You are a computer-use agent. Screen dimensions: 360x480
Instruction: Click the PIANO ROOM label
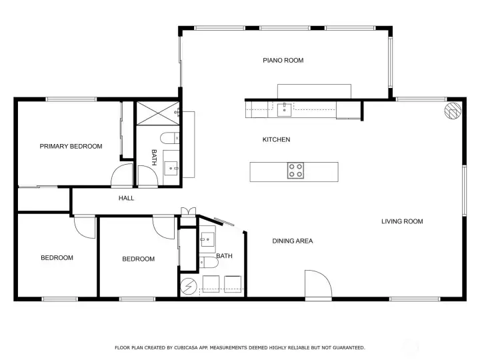pyautogui.click(x=283, y=61)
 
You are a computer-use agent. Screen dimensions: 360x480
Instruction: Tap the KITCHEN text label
pyautogui.click(x=276, y=140)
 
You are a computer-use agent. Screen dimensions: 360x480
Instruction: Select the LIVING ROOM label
pyautogui.click(x=402, y=222)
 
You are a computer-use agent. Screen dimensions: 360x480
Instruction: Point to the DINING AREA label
pyautogui.click(x=293, y=241)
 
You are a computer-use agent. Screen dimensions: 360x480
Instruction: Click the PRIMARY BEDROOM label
pyautogui.click(x=71, y=147)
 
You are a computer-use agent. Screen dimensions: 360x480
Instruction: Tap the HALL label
pyautogui.click(x=127, y=199)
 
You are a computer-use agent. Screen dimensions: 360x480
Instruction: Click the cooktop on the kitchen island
pyautogui.click(x=295, y=171)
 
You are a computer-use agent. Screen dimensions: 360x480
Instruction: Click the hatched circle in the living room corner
pyautogui.click(x=452, y=111)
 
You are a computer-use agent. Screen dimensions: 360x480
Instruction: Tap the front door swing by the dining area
pyautogui.click(x=317, y=284)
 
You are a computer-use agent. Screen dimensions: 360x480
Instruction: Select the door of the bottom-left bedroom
pyautogui.click(x=85, y=227)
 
